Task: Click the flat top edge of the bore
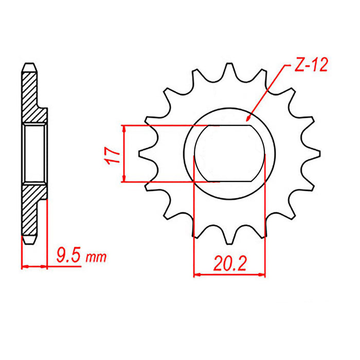pos(229,125)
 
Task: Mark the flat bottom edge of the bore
pos(229,181)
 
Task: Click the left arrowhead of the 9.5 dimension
pos(24,266)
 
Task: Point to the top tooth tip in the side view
pos(29,66)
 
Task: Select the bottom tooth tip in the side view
pos(29,240)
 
